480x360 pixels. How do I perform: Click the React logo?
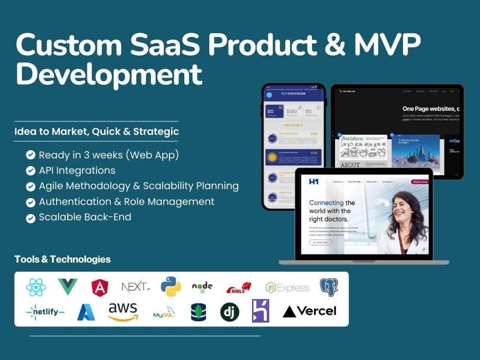coord(36,288)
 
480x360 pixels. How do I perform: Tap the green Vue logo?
coord(68,287)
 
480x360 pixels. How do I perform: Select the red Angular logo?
coord(100,288)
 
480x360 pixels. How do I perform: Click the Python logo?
coord(171,287)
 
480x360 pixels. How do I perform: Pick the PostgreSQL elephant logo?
coord(329,287)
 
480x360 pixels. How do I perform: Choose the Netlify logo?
coord(45,312)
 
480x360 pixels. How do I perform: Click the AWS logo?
coord(123,312)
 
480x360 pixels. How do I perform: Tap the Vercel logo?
coord(310,312)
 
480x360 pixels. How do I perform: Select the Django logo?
coord(229,312)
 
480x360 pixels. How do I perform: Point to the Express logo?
coord(287,288)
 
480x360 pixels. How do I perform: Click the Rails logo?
coord(239,288)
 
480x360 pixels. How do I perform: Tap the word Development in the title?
coord(109,75)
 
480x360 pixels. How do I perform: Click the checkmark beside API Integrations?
coord(31,170)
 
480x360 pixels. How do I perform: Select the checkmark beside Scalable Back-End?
coord(31,217)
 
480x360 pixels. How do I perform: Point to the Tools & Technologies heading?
coord(62,260)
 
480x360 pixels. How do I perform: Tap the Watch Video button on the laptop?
coord(320,242)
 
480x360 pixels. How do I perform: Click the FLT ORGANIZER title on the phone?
coord(293,94)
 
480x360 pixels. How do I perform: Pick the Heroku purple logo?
coord(261,311)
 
